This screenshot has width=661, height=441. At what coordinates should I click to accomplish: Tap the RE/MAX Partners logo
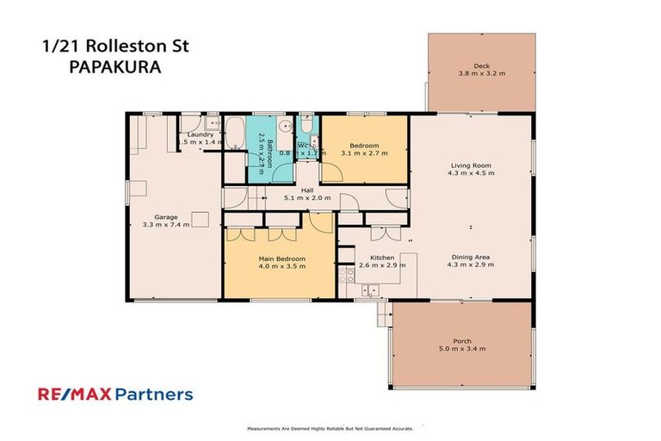coord(115,395)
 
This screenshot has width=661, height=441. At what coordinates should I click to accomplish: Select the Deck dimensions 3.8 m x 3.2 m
coord(482,74)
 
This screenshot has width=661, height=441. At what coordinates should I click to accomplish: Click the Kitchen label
coord(382,258)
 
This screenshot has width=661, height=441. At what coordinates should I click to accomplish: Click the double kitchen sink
coord(371,290)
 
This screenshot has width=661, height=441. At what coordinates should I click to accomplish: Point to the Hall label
coord(307,190)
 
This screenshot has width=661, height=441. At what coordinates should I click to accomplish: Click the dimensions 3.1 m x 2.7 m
coord(364,153)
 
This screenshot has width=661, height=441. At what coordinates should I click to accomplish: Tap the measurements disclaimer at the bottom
coord(330,428)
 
